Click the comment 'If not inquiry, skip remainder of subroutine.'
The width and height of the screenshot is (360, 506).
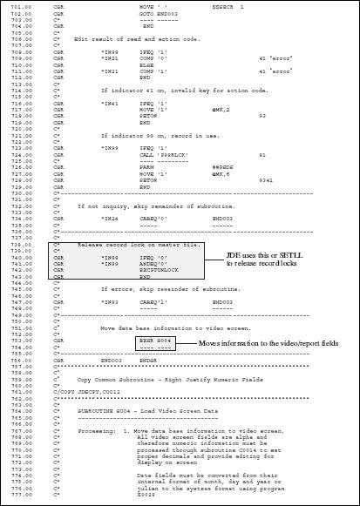tap(131, 206)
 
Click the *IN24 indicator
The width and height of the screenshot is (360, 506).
tap(109, 218)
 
